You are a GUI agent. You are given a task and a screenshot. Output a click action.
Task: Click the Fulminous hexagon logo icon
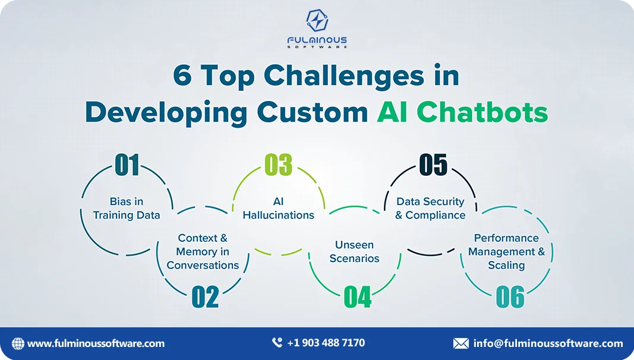(x=317, y=20)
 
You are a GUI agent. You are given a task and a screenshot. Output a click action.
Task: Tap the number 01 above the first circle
(x=127, y=165)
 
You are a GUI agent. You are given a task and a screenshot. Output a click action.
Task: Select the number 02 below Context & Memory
(x=206, y=297)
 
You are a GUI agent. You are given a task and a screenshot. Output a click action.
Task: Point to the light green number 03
(x=279, y=165)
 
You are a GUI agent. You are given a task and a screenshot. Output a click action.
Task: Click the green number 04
(x=358, y=297)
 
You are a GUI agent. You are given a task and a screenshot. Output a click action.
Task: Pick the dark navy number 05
(x=433, y=165)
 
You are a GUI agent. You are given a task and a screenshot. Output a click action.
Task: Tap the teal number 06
(x=510, y=297)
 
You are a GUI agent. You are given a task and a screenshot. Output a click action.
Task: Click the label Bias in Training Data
(x=127, y=208)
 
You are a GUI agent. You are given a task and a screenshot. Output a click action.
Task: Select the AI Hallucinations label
(x=279, y=208)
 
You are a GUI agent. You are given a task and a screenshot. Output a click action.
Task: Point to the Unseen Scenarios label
(x=355, y=251)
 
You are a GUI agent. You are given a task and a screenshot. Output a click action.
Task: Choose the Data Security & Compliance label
(x=430, y=208)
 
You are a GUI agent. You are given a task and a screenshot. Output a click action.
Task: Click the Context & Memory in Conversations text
(x=203, y=251)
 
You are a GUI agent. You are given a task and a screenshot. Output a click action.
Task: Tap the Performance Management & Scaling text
(x=507, y=251)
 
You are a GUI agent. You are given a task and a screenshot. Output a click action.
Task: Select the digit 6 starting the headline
(x=182, y=75)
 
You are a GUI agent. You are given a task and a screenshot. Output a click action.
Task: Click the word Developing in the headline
(x=166, y=113)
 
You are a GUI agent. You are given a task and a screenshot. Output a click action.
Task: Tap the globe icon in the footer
(x=18, y=343)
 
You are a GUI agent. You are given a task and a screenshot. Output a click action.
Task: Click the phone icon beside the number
(x=277, y=343)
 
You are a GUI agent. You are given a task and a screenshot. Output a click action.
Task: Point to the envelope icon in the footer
(x=461, y=343)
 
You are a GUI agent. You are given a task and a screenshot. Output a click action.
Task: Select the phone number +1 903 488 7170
(x=326, y=343)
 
